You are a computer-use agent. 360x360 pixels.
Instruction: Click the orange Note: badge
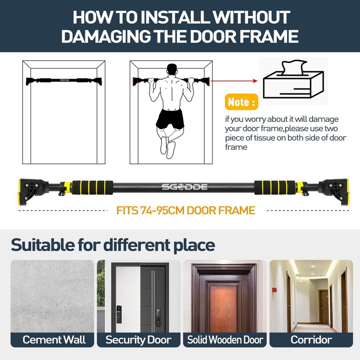(x=242, y=102)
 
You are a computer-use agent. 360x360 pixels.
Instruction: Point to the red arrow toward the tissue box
(x=234, y=81)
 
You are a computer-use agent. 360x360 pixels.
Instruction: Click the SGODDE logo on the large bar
(x=184, y=187)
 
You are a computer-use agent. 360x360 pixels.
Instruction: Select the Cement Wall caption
(x=54, y=340)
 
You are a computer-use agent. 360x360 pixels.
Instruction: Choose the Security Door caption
(x=139, y=340)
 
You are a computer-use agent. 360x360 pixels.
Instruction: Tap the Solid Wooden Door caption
(x=225, y=340)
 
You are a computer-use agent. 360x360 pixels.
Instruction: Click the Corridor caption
(x=311, y=340)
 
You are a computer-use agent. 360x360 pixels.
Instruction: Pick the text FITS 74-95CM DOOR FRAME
(x=186, y=210)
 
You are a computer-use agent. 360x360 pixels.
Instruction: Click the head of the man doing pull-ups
(x=172, y=70)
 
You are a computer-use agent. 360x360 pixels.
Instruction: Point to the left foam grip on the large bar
(x=92, y=187)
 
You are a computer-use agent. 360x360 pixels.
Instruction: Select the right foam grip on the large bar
(x=275, y=187)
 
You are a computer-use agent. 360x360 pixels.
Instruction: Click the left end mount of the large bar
(x=33, y=192)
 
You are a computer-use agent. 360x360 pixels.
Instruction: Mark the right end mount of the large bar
(x=333, y=192)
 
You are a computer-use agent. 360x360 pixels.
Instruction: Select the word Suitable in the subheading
(x=43, y=245)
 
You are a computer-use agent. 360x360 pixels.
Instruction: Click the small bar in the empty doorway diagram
(x=64, y=81)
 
